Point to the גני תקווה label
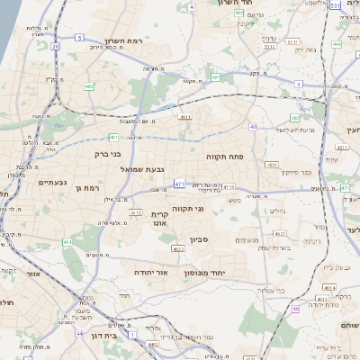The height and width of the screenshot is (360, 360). point(211,209)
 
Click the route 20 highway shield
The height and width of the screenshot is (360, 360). point(55,45)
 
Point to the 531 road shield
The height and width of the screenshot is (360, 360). point(334,6)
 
